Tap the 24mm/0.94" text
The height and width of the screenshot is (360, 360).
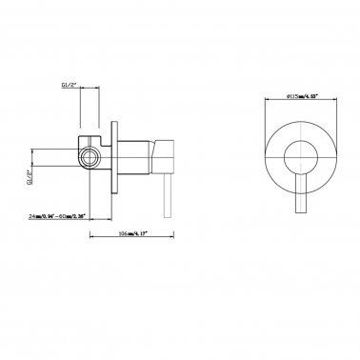(x=44, y=217)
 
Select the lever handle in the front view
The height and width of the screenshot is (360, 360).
(x=298, y=190)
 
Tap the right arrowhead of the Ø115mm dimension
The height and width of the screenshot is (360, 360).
(x=336, y=95)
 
